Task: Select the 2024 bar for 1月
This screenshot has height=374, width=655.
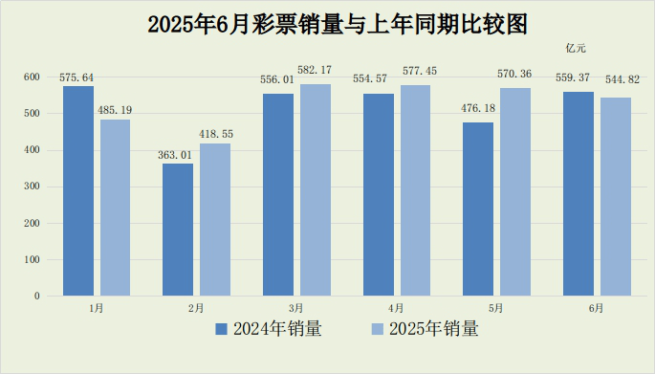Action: pyautogui.click(x=78, y=191)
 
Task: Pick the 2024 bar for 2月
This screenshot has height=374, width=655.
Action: pyautogui.click(x=178, y=230)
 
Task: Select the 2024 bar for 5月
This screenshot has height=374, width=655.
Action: pyautogui.click(x=478, y=209)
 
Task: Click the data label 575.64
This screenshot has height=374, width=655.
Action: pyautogui.click(x=78, y=77)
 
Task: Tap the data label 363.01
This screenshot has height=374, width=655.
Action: pyautogui.click(x=178, y=155)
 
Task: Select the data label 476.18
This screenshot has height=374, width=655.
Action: pyautogui.click(x=478, y=109)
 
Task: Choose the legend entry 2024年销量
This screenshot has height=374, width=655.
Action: pyautogui.click(x=268, y=329)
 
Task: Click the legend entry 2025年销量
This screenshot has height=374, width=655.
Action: pyautogui.click(x=425, y=329)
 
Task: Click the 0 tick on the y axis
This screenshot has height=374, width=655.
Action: pyautogui.click(x=37, y=296)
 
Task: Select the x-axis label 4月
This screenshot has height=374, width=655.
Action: pyautogui.click(x=396, y=308)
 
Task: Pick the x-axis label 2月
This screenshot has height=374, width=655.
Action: pyautogui.click(x=196, y=308)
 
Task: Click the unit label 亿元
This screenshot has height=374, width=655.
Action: pyautogui.click(x=575, y=48)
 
